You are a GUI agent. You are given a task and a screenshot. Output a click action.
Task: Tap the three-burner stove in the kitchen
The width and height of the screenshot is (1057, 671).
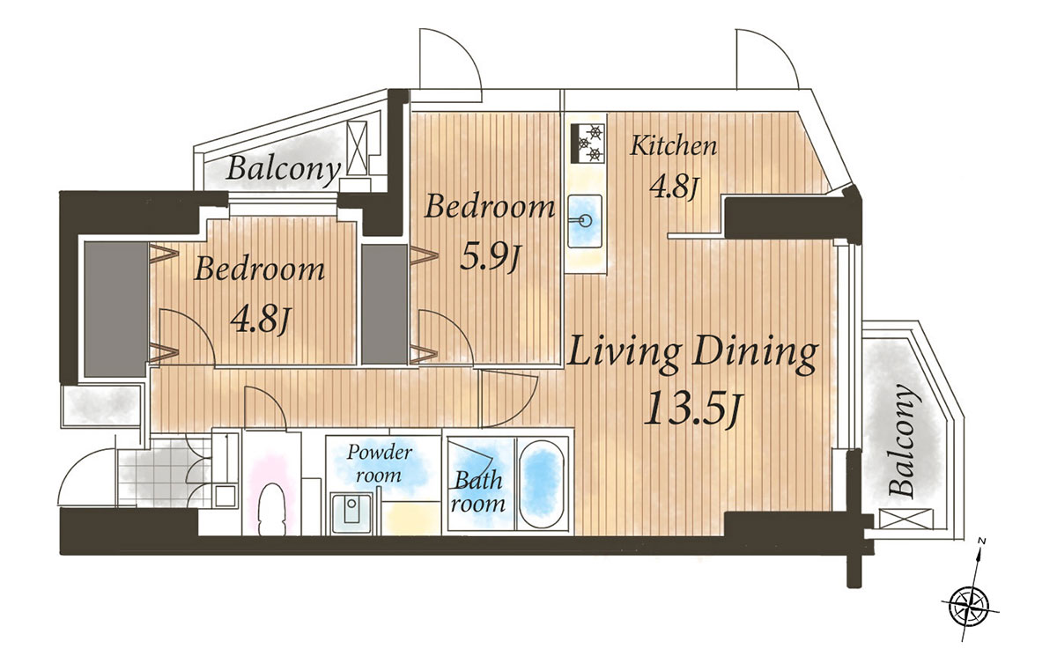[588, 144]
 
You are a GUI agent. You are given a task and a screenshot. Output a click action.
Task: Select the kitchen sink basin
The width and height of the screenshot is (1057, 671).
[585, 221]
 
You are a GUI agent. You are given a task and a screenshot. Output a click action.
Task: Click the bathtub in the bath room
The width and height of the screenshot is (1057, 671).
[543, 483]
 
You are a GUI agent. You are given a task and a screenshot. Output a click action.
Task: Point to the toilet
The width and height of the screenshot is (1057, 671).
[272, 509]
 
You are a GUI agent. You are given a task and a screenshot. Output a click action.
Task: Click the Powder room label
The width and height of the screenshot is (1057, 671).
[380, 463]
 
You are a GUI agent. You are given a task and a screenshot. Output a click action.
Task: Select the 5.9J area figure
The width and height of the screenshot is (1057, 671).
[490, 258]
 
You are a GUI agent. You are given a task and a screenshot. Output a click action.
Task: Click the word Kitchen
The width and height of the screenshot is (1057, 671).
[674, 146]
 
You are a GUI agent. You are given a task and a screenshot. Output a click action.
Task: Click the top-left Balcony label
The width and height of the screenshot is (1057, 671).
[283, 169]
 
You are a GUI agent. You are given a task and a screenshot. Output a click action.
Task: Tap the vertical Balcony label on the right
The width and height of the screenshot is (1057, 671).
[904, 440]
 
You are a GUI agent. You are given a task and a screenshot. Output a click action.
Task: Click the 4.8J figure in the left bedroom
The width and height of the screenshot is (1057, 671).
[260, 321]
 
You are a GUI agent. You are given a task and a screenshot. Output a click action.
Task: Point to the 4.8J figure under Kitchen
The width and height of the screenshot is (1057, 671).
[674, 188]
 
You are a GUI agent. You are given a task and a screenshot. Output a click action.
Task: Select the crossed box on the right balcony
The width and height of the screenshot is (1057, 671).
[906, 519]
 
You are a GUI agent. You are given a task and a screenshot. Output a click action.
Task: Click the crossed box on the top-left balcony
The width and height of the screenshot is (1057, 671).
[357, 149]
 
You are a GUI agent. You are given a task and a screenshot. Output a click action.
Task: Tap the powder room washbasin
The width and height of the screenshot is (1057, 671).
[351, 513]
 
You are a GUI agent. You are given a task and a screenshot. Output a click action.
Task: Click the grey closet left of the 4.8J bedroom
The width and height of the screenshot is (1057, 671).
[115, 309]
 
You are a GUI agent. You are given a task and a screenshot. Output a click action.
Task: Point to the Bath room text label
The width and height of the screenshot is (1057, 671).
[477, 492]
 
